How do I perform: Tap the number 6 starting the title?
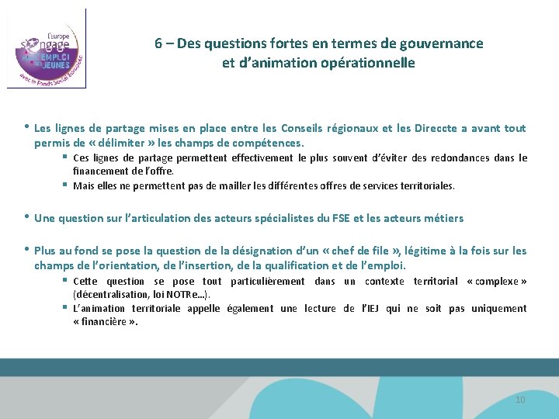coord(158,44)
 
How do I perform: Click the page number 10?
coord(520,400)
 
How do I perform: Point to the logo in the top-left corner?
coord(47,48)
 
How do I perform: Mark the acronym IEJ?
coord(371,309)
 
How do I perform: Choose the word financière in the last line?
coord(105,323)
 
